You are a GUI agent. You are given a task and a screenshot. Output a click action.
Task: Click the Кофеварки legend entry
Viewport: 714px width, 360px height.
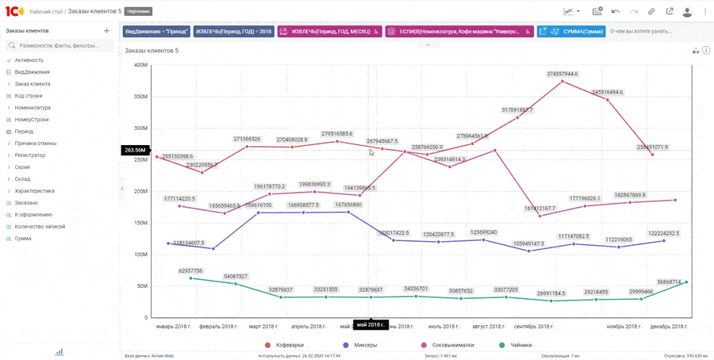[x=286, y=345]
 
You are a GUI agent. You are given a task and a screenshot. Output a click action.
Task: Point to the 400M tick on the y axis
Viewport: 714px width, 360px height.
[x=140, y=65]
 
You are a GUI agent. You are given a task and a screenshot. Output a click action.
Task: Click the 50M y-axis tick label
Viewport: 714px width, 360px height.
[x=141, y=286]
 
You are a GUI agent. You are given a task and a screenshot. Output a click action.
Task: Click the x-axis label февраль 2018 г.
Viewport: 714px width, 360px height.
[x=219, y=326]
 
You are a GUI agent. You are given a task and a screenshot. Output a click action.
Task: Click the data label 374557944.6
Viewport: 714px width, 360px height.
[x=562, y=74]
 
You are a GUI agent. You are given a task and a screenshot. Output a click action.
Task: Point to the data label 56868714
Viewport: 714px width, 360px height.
[x=669, y=281]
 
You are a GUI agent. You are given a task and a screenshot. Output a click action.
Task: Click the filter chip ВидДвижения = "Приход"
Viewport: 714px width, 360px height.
[x=157, y=32]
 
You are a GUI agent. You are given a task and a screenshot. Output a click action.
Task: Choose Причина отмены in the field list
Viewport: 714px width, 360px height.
[x=36, y=144]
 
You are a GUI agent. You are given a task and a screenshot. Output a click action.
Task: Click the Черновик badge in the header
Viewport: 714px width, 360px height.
[x=138, y=12]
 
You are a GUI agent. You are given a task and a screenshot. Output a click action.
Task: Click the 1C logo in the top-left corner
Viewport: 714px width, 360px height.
[x=14, y=11]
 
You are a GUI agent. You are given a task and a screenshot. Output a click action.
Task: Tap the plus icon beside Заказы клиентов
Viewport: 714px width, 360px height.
[x=106, y=31]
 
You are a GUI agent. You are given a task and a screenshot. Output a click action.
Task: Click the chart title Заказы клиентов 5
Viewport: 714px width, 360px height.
[x=152, y=51]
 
